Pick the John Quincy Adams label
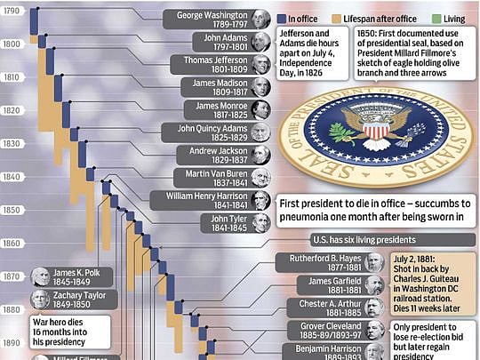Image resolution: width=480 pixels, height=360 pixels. click(212, 132)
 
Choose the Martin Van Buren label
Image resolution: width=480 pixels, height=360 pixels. click(216, 177)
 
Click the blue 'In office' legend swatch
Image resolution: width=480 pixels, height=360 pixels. click(282, 17)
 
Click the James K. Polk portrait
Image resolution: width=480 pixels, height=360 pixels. click(41, 276)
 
